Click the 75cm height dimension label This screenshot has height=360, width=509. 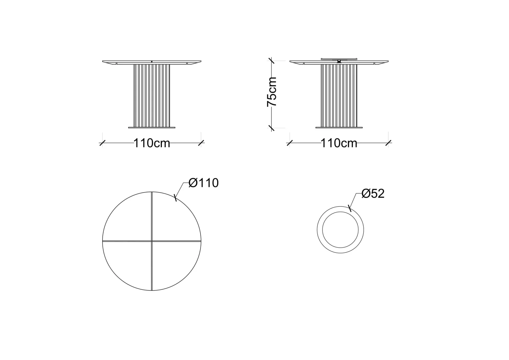click(x=272, y=92)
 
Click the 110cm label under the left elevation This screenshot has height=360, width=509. click(x=152, y=143)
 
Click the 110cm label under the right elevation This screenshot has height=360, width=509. click(x=339, y=143)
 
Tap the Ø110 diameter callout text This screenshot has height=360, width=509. click(x=204, y=183)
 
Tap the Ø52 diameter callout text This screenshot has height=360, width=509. click(x=373, y=194)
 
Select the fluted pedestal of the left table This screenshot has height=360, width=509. click(x=152, y=96)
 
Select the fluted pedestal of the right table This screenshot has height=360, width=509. click(x=339, y=96)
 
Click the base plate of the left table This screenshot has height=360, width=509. click(x=152, y=128)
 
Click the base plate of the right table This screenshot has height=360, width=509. click(x=339, y=128)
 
